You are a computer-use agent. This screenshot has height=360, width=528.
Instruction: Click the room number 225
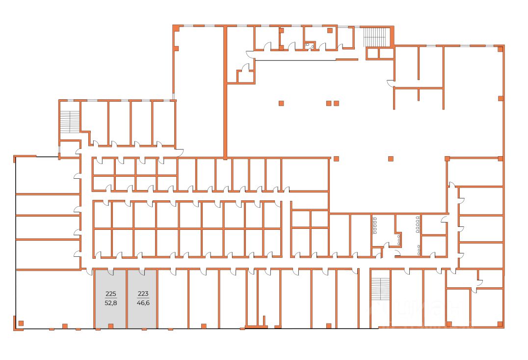pos(111,294)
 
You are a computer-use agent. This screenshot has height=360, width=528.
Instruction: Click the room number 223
pos(143,294)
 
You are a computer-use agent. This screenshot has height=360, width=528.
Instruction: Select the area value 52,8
pos(111,303)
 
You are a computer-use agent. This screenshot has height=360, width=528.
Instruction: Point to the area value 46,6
pos(143,303)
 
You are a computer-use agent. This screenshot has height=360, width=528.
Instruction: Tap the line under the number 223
pos(143,299)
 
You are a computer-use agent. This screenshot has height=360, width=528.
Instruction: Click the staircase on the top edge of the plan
pos(376,36)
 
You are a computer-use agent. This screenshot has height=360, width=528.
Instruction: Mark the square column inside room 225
pos(110,326)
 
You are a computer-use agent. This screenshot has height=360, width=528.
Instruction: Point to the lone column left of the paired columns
pos(281,103)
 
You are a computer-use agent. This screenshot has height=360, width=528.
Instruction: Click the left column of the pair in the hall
pos(329,103)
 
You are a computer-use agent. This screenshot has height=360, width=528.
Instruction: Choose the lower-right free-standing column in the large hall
pos(391,158)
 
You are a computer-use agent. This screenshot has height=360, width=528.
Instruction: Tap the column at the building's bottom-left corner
pos(21,323)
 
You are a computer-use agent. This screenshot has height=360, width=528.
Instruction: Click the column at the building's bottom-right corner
pos(500,323)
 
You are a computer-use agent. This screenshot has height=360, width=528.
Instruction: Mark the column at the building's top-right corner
pos(500,48)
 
